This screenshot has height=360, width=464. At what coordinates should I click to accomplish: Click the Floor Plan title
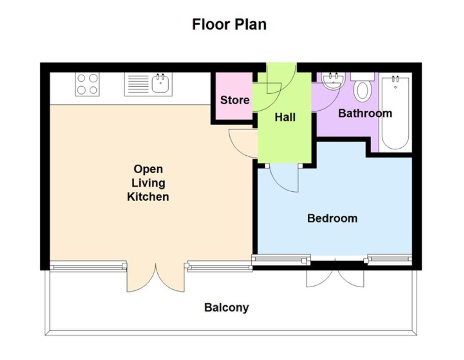point(229,24)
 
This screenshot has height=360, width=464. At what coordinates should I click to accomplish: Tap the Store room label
point(234,100)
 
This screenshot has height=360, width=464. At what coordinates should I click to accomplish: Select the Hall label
point(285,117)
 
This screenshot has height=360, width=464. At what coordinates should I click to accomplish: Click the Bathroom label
point(365,113)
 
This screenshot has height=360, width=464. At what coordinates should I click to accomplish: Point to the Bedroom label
point(332,218)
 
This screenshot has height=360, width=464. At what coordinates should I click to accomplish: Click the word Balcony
point(226,307)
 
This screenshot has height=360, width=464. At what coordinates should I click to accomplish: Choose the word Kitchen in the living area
point(148,197)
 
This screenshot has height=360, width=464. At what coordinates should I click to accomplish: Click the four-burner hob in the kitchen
point(87,84)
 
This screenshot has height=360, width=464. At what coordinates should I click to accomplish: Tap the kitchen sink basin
point(160,84)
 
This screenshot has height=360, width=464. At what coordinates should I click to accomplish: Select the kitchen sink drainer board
point(137,84)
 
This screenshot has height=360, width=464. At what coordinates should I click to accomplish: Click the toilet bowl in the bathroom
point(362,91)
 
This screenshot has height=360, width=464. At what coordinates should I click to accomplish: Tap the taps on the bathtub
point(395,79)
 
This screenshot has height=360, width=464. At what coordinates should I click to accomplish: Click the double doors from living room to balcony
point(156,278)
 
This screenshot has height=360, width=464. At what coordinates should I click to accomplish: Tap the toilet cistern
point(362,76)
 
